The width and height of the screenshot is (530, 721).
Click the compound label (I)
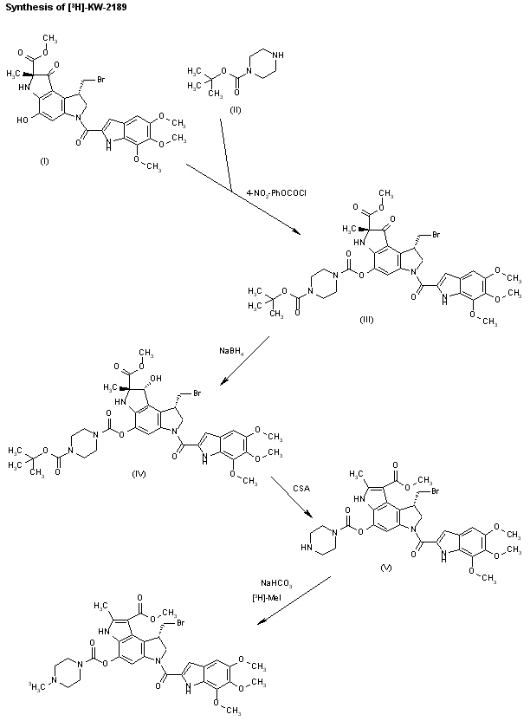click(44, 161)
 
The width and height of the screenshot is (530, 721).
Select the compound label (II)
click(236, 110)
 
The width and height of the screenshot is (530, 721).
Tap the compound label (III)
click(366, 320)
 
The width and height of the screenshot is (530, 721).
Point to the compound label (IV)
click(139, 474)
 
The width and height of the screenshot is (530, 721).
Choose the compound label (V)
click(386, 568)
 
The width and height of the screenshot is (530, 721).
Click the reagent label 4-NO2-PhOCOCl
click(276, 193)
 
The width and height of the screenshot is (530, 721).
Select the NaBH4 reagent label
click(231, 351)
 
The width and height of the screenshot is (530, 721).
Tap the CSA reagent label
click(301, 489)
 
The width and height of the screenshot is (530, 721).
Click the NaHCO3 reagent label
click(275, 583)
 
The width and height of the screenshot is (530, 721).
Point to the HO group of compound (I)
click(22, 120)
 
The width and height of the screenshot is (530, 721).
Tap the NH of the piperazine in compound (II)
click(279, 55)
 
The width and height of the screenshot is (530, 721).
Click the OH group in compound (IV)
click(156, 379)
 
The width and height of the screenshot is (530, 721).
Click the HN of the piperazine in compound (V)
click(307, 548)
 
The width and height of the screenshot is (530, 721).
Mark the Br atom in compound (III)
click(436, 235)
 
